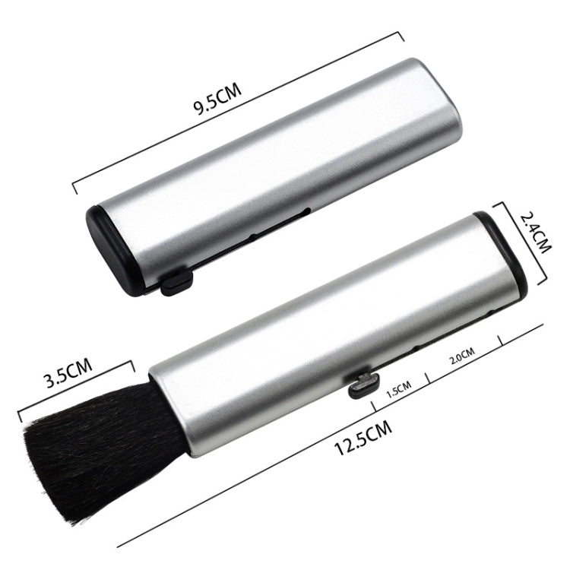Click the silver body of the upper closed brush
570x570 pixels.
pyautogui.click(x=274, y=160)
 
